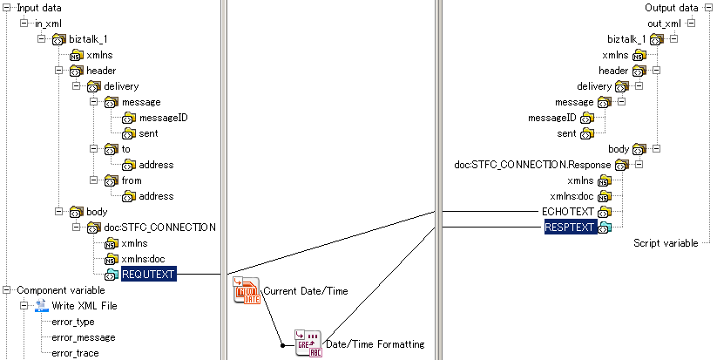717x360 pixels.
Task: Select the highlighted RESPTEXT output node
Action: coord(570,228)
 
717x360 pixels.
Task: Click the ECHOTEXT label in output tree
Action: coord(569,212)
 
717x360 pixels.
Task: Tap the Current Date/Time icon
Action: coord(247,290)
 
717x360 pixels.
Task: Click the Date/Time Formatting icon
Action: coord(308,343)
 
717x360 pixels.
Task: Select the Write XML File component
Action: coord(85,306)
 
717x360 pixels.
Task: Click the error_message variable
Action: coord(83,337)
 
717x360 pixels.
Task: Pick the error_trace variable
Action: coord(75,353)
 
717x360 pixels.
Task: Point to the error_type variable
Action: coord(72,322)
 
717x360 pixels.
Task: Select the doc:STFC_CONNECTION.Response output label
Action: coord(533,165)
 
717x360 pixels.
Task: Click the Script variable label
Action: coord(666,242)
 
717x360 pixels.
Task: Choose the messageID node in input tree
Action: coord(163,118)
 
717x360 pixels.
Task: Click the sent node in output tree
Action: coord(566,133)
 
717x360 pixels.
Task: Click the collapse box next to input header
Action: coord(59,71)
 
